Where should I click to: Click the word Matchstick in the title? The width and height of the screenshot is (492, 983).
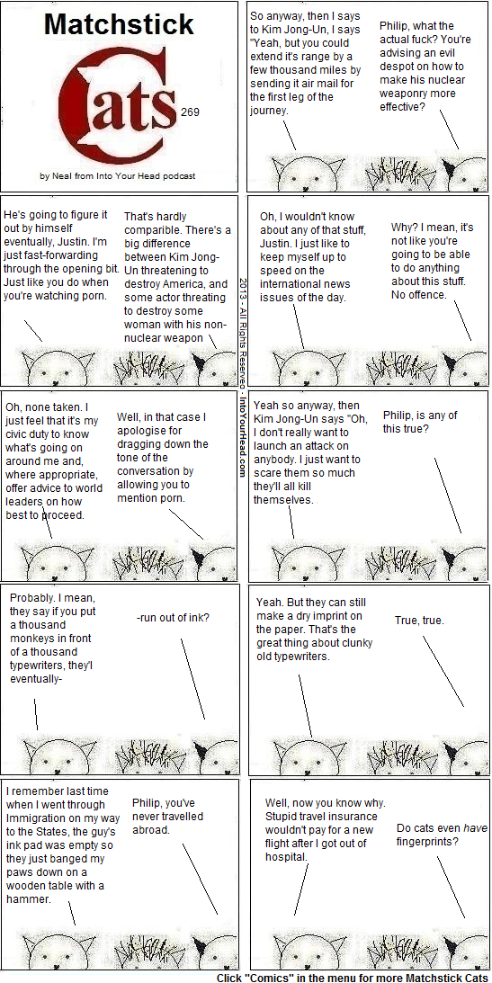point(119,25)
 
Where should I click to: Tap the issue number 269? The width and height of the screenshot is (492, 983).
point(190,112)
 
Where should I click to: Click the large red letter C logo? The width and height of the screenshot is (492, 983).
point(115,106)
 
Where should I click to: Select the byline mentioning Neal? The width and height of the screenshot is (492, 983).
point(117,176)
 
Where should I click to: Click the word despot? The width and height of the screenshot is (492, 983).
point(398,67)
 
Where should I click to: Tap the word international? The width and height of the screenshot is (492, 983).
point(291,284)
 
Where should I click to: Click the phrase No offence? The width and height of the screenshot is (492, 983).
point(418,295)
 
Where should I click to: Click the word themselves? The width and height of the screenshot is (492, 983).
point(282,500)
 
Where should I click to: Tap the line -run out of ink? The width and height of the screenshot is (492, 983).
point(173,618)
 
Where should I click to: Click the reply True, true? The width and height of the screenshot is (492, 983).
point(419,621)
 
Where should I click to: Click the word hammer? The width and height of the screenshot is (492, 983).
point(28,899)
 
